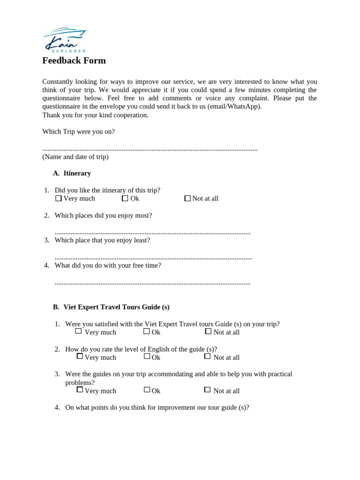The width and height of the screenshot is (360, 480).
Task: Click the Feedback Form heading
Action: [x=74, y=60]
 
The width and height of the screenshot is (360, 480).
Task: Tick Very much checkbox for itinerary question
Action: [x=59, y=198]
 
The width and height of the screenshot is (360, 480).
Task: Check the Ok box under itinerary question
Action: [x=125, y=198]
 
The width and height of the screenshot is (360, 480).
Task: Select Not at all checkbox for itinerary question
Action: [x=187, y=198]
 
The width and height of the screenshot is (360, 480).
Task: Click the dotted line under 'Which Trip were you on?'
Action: [x=150, y=149]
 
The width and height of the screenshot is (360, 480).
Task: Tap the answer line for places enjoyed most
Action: [x=152, y=232]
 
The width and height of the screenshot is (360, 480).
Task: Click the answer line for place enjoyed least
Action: [x=153, y=258]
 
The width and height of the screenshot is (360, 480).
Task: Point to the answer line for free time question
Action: [x=152, y=283]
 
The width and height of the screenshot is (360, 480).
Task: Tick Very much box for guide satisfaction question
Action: [x=78, y=331]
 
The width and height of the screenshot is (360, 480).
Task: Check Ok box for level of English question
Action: [x=147, y=356]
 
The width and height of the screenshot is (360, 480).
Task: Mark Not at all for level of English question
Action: [x=207, y=356]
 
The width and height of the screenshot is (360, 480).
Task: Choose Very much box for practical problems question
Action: [x=80, y=390]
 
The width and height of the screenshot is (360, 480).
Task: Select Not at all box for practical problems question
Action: [x=207, y=390]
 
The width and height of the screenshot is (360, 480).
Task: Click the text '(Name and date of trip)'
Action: [x=75, y=157]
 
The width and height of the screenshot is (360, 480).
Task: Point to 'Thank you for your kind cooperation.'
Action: [x=95, y=115]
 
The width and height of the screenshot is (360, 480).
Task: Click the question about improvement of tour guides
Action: [x=157, y=407]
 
